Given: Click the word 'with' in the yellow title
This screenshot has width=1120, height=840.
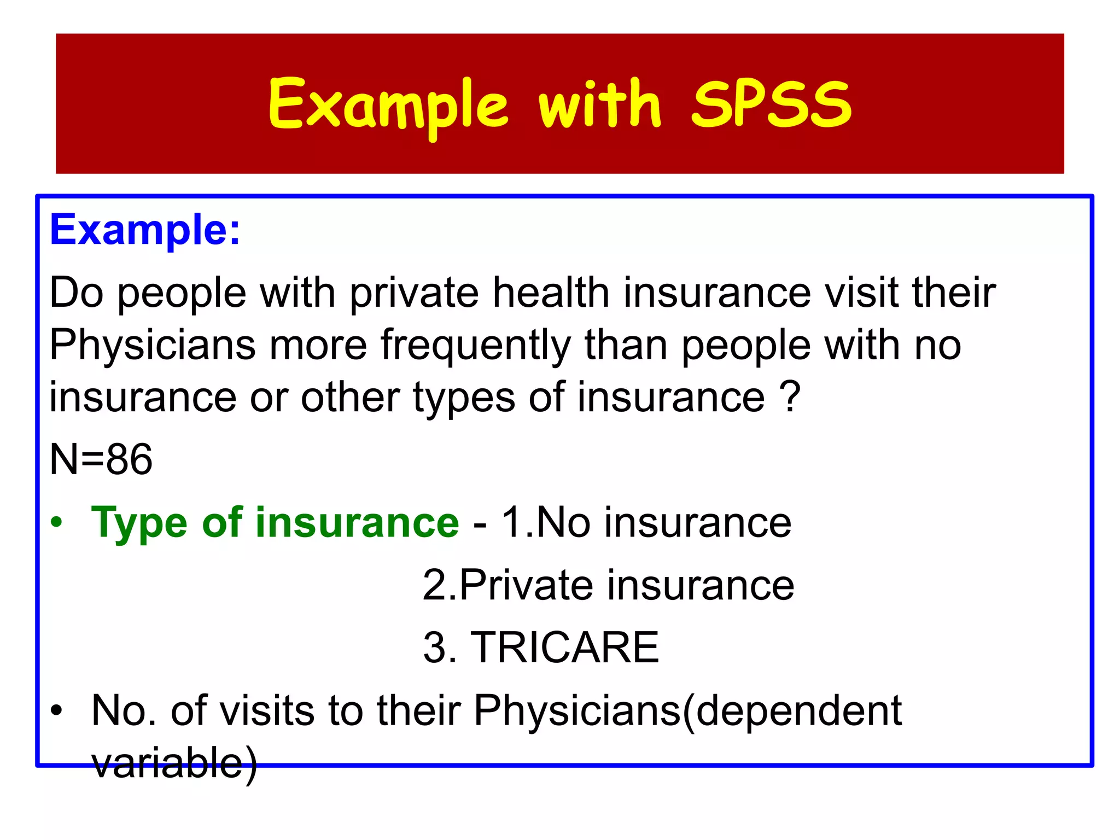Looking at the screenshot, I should pyautogui.click(x=599, y=104).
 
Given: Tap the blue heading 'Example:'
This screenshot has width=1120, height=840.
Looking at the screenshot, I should pyautogui.click(x=145, y=230).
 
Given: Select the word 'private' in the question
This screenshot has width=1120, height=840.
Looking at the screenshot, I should pyautogui.click(x=414, y=293).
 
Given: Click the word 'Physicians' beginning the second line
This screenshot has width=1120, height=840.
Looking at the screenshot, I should pyautogui.click(x=153, y=345).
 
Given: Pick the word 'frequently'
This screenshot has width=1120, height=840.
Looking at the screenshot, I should pyautogui.click(x=475, y=346).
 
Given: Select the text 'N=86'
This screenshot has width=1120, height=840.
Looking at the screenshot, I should pyautogui.click(x=101, y=459).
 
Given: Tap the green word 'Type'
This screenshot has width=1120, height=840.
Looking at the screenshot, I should pyautogui.click(x=139, y=524).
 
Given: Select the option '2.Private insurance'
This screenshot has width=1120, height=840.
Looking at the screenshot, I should pyautogui.click(x=608, y=585).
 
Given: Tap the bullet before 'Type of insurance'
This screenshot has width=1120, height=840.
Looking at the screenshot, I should pyautogui.click(x=57, y=523).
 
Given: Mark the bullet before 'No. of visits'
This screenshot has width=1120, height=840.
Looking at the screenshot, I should pyautogui.click(x=57, y=711).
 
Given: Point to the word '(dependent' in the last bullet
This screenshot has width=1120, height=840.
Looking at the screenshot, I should pyautogui.click(x=792, y=711).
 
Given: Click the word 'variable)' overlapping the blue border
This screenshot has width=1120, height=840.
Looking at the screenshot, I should pyautogui.click(x=174, y=763).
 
